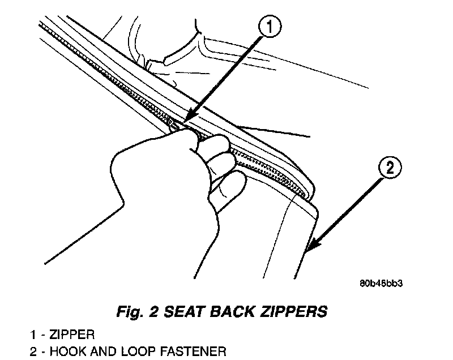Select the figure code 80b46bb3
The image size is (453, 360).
pos(384,283)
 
